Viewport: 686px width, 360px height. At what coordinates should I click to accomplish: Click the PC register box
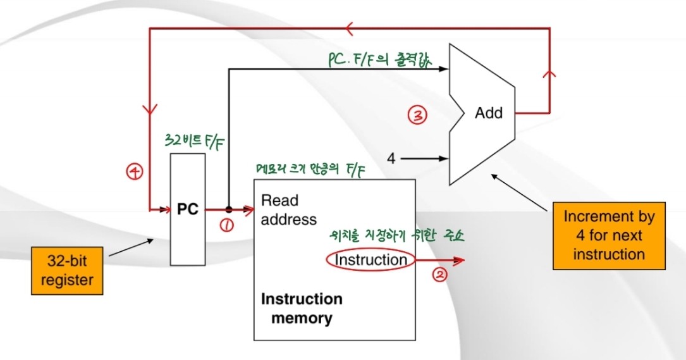188,209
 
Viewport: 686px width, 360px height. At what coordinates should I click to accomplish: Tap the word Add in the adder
489,113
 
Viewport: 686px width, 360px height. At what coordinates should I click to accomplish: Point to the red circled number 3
417,115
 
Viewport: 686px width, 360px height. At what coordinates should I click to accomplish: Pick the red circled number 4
134,171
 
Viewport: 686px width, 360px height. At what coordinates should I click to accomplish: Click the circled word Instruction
371,259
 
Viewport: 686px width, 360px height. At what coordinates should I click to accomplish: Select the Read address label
288,210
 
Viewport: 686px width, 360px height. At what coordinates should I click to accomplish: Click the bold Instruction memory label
302,307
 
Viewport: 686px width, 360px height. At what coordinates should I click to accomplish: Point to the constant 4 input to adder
391,158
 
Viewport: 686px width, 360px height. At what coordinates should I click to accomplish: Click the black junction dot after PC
228,209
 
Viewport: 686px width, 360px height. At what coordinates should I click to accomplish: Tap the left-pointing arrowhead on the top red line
351,28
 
